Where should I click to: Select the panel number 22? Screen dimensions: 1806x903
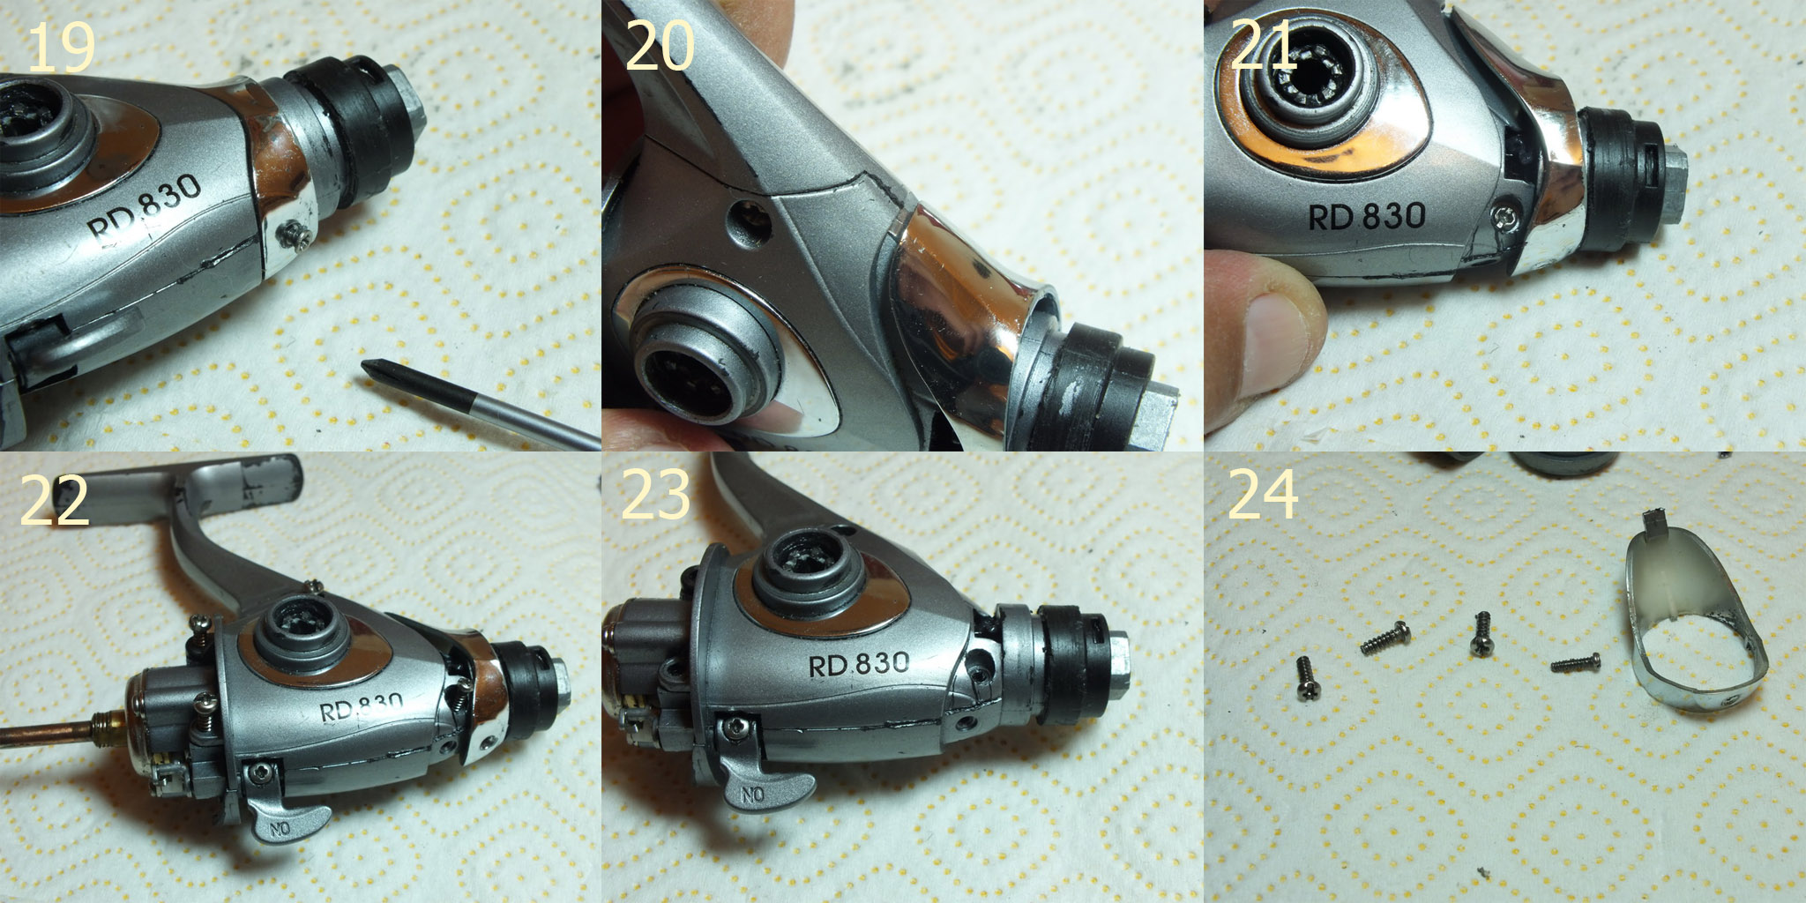click(x=55, y=500)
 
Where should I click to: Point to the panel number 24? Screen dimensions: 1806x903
click(x=1263, y=495)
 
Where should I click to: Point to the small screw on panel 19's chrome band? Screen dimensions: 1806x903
click(x=295, y=233)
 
